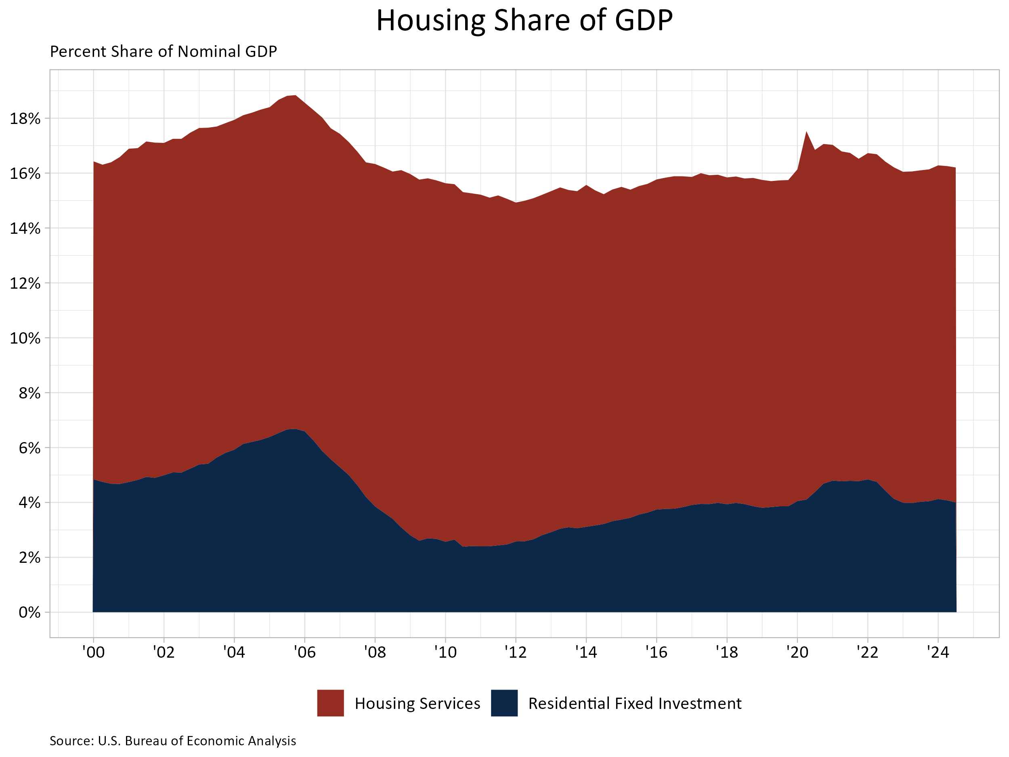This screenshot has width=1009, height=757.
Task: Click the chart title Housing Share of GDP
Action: [x=524, y=21]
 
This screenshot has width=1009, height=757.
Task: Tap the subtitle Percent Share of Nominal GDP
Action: [x=163, y=52]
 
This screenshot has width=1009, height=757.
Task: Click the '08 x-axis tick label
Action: [x=375, y=652]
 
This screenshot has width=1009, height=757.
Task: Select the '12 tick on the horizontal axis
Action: [x=516, y=652]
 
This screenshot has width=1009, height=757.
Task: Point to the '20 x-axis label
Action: [x=797, y=652]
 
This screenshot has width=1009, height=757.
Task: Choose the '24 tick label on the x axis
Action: [x=938, y=652]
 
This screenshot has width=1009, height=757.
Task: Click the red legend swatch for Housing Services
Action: [x=330, y=703]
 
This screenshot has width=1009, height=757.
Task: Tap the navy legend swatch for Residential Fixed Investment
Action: [x=504, y=703]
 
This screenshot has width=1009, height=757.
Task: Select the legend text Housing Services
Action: [x=417, y=704]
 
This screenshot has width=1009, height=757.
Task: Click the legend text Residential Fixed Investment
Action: [x=634, y=704]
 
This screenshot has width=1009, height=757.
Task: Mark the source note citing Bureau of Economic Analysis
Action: [x=173, y=741]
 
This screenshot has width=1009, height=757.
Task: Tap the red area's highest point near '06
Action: [x=295, y=96]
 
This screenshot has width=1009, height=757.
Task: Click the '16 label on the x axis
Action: [x=656, y=652]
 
